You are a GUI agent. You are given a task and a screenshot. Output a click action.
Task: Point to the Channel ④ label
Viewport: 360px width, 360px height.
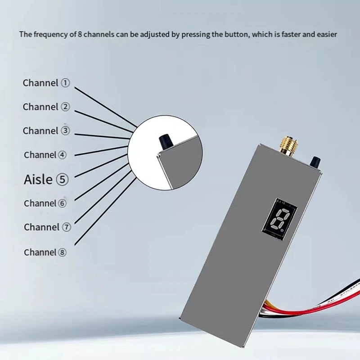pyautogui.click(x=45, y=155)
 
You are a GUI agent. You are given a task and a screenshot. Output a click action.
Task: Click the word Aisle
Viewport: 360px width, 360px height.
pyautogui.click(x=38, y=180)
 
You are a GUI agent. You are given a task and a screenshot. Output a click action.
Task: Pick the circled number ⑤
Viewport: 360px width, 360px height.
pyautogui.click(x=62, y=180)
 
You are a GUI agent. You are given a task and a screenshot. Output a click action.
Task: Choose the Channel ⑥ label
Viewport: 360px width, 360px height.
pyautogui.click(x=45, y=203)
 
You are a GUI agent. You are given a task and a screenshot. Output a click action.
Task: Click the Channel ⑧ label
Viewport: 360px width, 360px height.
pyautogui.click(x=45, y=252)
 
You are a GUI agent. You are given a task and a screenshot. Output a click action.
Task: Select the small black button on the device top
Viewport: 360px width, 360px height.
pyautogui.click(x=316, y=161)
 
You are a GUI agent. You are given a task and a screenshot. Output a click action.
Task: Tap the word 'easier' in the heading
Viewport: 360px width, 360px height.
pyautogui.click(x=327, y=34)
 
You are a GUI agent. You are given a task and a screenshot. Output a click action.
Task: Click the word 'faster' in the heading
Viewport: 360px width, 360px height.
pyautogui.click(x=292, y=34)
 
